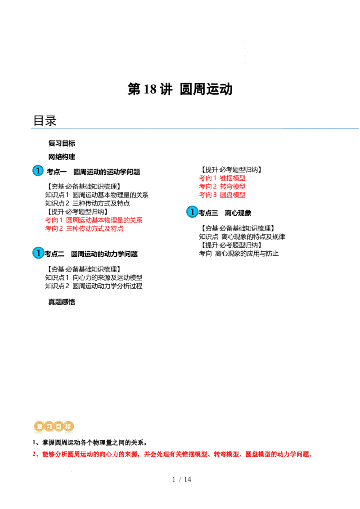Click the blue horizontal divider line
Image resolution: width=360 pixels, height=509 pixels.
tap(193, 128)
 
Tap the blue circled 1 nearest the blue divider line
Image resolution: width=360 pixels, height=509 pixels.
tap(38, 170)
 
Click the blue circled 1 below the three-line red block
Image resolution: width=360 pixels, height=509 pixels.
tap(192, 212)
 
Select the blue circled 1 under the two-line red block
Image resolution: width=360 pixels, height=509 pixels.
tap(38, 253)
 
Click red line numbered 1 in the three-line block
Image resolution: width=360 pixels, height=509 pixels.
tap(222, 178)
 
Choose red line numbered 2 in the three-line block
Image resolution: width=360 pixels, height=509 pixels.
tap(222, 186)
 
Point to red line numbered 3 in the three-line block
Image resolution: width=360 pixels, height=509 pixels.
tap(222, 195)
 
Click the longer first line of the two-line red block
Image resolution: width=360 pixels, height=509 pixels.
tap(94, 220)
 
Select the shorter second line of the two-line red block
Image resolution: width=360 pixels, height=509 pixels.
tap(85, 229)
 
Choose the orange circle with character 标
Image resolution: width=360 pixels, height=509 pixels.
tap(68, 426)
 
